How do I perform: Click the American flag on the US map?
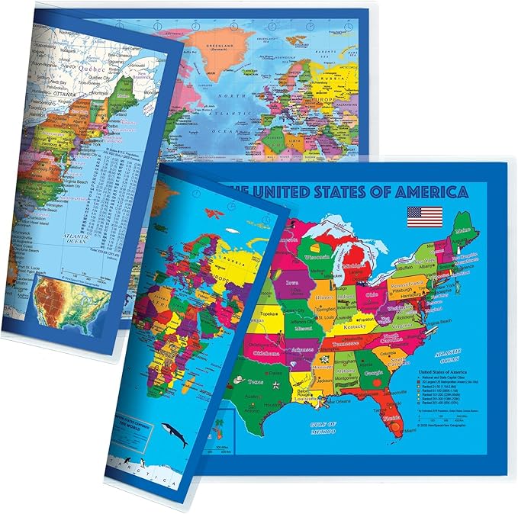424,217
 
